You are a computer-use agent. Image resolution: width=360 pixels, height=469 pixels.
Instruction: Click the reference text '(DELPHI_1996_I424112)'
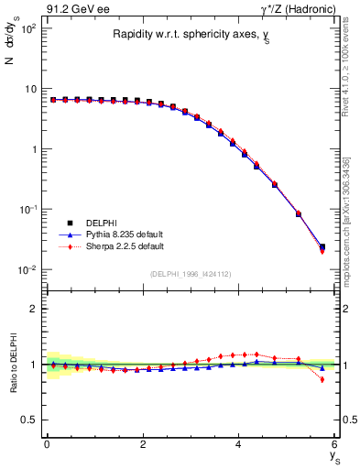191,272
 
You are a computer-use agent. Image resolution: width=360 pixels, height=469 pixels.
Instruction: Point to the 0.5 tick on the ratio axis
27,420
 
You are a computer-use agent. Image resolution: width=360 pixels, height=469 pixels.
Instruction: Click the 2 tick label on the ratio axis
32,309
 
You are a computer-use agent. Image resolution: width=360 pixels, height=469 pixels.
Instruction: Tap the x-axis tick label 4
239,445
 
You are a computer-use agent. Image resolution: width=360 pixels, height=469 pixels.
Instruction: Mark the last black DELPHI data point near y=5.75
322,246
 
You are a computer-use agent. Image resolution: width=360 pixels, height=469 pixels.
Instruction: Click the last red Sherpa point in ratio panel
322,379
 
